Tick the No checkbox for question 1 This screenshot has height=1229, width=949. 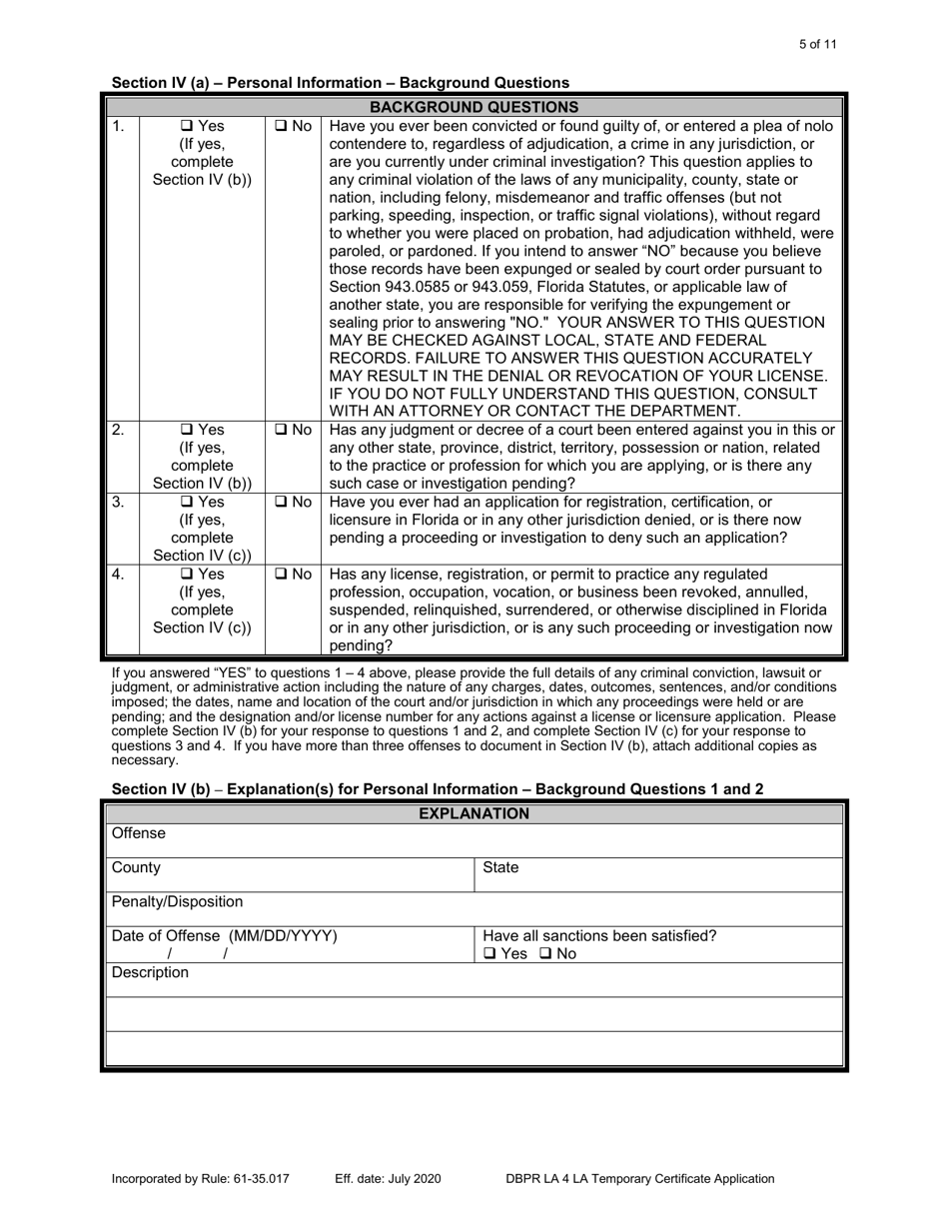(281, 127)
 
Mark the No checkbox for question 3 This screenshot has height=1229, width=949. (281, 503)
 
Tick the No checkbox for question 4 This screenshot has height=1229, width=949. (281, 575)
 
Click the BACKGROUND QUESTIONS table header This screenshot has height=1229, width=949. (474, 107)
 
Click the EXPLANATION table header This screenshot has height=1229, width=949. (474, 813)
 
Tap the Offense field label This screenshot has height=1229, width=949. (139, 833)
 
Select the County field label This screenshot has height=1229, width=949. (136, 868)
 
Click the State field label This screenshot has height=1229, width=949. (500, 868)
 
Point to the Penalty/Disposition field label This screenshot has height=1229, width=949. (163, 902)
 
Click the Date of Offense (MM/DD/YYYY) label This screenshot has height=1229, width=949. (224, 936)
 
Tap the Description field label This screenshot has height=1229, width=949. (150, 972)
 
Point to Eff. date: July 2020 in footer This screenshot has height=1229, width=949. (388, 1179)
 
